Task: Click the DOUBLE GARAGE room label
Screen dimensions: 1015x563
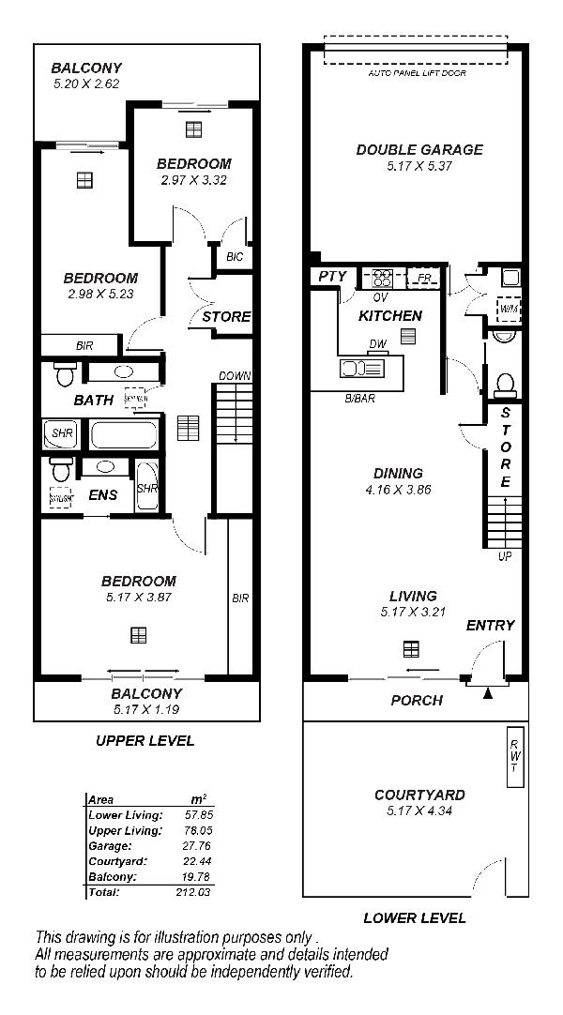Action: [419, 149]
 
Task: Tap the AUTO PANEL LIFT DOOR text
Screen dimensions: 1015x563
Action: [417, 73]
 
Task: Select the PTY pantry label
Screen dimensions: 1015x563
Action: [332, 277]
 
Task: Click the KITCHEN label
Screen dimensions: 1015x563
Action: [389, 316]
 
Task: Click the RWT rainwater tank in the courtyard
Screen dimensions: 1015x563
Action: [513, 755]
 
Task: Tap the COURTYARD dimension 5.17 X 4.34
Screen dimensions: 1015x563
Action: [419, 811]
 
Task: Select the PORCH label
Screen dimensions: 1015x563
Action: [417, 701]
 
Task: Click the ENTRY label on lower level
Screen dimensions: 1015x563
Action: [490, 626]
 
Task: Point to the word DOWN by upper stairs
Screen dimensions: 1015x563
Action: [235, 376]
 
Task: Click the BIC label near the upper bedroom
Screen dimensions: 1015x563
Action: [234, 255]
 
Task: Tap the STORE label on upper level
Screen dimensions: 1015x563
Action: [226, 317]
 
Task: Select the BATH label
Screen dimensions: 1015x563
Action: [94, 401]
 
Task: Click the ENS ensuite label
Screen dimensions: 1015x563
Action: [103, 494]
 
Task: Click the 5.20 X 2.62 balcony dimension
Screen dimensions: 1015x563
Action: [85, 83]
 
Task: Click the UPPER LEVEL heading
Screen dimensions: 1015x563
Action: [145, 741]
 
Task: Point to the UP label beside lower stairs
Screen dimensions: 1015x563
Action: [505, 556]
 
